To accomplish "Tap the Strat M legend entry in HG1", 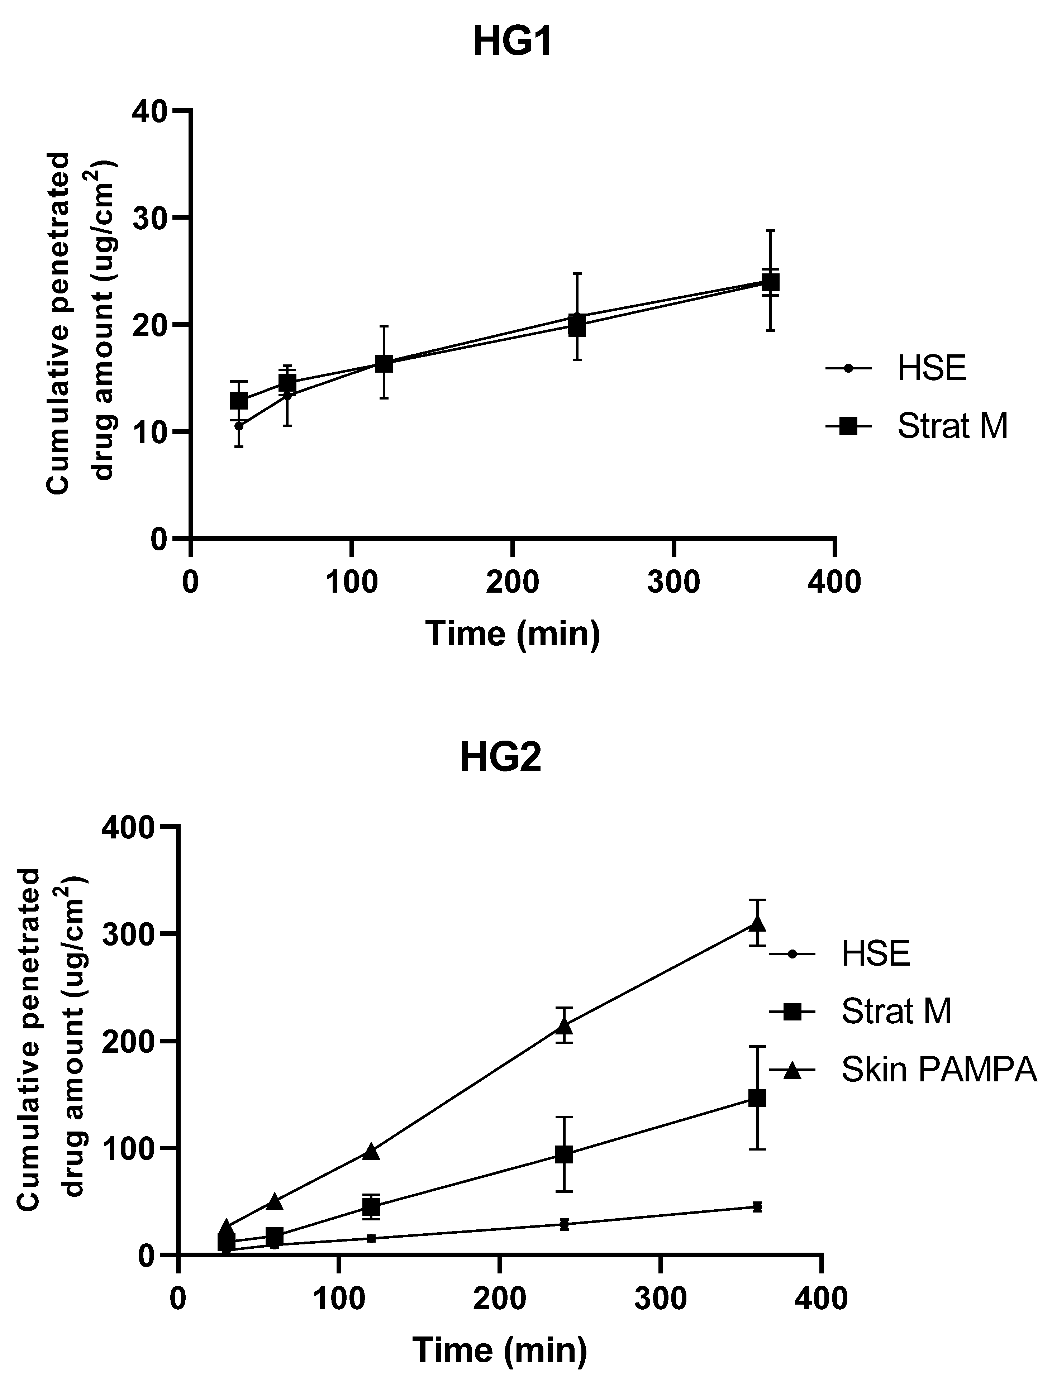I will pos(951,426).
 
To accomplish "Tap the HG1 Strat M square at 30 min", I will pos(239,401).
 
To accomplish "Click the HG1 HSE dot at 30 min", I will pos(239,426).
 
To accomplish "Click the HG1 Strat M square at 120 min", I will pos(384,364).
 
